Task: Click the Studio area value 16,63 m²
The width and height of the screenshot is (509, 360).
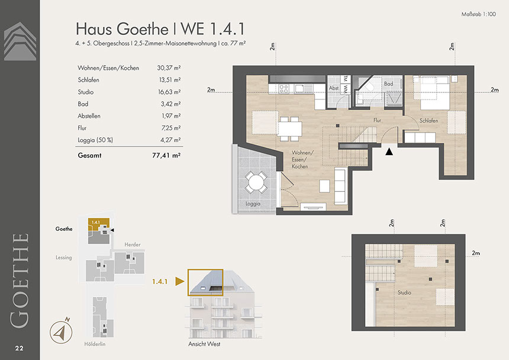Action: (169, 92)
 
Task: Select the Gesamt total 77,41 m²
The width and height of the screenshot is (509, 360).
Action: (166, 156)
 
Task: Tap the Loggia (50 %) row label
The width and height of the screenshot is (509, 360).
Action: (95, 140)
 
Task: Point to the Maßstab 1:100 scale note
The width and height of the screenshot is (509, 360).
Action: (478, 14)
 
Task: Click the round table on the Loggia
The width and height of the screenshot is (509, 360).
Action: (256, 182)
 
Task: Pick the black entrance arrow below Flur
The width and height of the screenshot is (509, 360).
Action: (389, 151)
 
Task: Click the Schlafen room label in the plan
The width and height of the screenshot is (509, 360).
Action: (429, 120)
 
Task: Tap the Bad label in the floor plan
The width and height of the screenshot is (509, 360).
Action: (389, 83)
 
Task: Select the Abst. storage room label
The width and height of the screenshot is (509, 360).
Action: (334, 88)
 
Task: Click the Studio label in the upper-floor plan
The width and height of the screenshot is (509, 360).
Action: (404, 292)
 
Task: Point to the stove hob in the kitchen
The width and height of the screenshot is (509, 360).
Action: (284, 88)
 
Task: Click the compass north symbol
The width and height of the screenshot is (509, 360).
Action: (61, 332)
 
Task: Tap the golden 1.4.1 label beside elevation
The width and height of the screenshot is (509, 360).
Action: (160, 281)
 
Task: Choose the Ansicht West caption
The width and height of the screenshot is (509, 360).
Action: (204, 344)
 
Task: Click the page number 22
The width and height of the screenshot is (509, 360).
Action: (19, 348)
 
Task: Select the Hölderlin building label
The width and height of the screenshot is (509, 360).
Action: (95, 344)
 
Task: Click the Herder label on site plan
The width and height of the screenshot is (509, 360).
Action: (133, 245)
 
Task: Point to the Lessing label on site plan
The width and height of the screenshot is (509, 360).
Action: (64, 258)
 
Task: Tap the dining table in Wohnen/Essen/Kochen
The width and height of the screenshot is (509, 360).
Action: (290, 129)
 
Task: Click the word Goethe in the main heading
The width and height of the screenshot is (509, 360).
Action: (143, 29)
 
